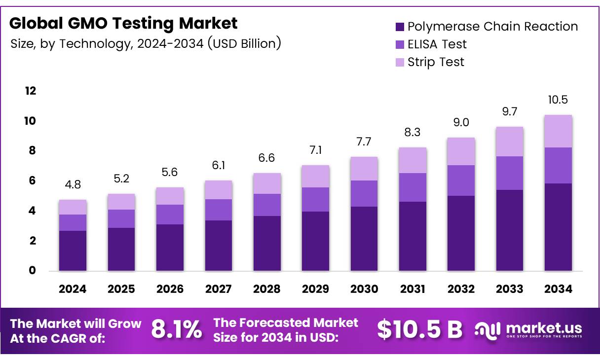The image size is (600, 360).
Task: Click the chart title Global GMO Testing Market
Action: point(123,23)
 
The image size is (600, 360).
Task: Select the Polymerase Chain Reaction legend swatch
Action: point(400,27)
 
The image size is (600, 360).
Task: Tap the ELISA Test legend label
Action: point(437,44)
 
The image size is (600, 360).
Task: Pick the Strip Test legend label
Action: point(436,62)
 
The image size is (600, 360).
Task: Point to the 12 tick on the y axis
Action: point(30,91)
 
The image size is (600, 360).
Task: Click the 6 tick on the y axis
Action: point(32,181)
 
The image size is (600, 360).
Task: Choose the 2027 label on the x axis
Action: point(218,289)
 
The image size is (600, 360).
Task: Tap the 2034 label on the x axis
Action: point(558,289)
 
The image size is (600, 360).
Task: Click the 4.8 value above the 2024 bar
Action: point(73,185)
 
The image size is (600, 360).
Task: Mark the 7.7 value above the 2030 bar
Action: point(364,142)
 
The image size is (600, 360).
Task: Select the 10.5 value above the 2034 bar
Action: point(558,100)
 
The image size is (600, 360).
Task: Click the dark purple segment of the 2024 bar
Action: point(73,251)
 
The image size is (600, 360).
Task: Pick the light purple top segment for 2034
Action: point(558,131)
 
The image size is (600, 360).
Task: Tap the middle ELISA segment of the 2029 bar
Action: point(315,199)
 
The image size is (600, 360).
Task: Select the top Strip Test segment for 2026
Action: point(170,196)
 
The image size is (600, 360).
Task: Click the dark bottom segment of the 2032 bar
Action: point(461,233)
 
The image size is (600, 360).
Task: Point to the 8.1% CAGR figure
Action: point(176,329)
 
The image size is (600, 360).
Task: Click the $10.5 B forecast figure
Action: point(419,329)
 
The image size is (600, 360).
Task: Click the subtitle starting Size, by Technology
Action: point(146,44)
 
